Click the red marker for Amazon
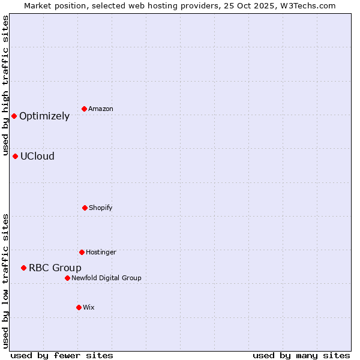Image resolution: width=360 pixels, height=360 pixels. [85, 109]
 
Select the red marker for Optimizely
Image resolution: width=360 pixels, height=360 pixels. [14, 116]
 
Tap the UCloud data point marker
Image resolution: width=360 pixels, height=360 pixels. [15, 156]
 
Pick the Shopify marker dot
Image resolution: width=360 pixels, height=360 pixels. [85, 208]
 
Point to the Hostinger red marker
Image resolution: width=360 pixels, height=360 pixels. [82, 252]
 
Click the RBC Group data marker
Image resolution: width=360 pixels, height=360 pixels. [23, 268]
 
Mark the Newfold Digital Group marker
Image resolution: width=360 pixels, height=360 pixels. [67, 278]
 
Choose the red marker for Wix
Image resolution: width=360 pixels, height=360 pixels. [79, 307]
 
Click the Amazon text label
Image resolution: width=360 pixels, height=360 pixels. [101, 109]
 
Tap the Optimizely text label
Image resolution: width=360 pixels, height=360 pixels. [44, 116]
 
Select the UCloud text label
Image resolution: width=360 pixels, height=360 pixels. [37, 157]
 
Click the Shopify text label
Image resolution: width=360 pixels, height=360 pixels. [101, 208]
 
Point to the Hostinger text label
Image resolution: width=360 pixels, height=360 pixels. [101, 252]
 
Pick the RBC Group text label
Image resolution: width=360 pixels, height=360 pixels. [55, 268]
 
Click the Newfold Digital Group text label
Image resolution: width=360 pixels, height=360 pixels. [106, 278]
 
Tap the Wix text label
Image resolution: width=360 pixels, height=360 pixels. [89, 307]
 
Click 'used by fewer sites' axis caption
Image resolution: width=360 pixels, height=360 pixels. [62, 355]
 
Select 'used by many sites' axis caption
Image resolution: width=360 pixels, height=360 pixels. [301, 355]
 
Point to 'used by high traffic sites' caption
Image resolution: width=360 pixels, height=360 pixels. [6, 85]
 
